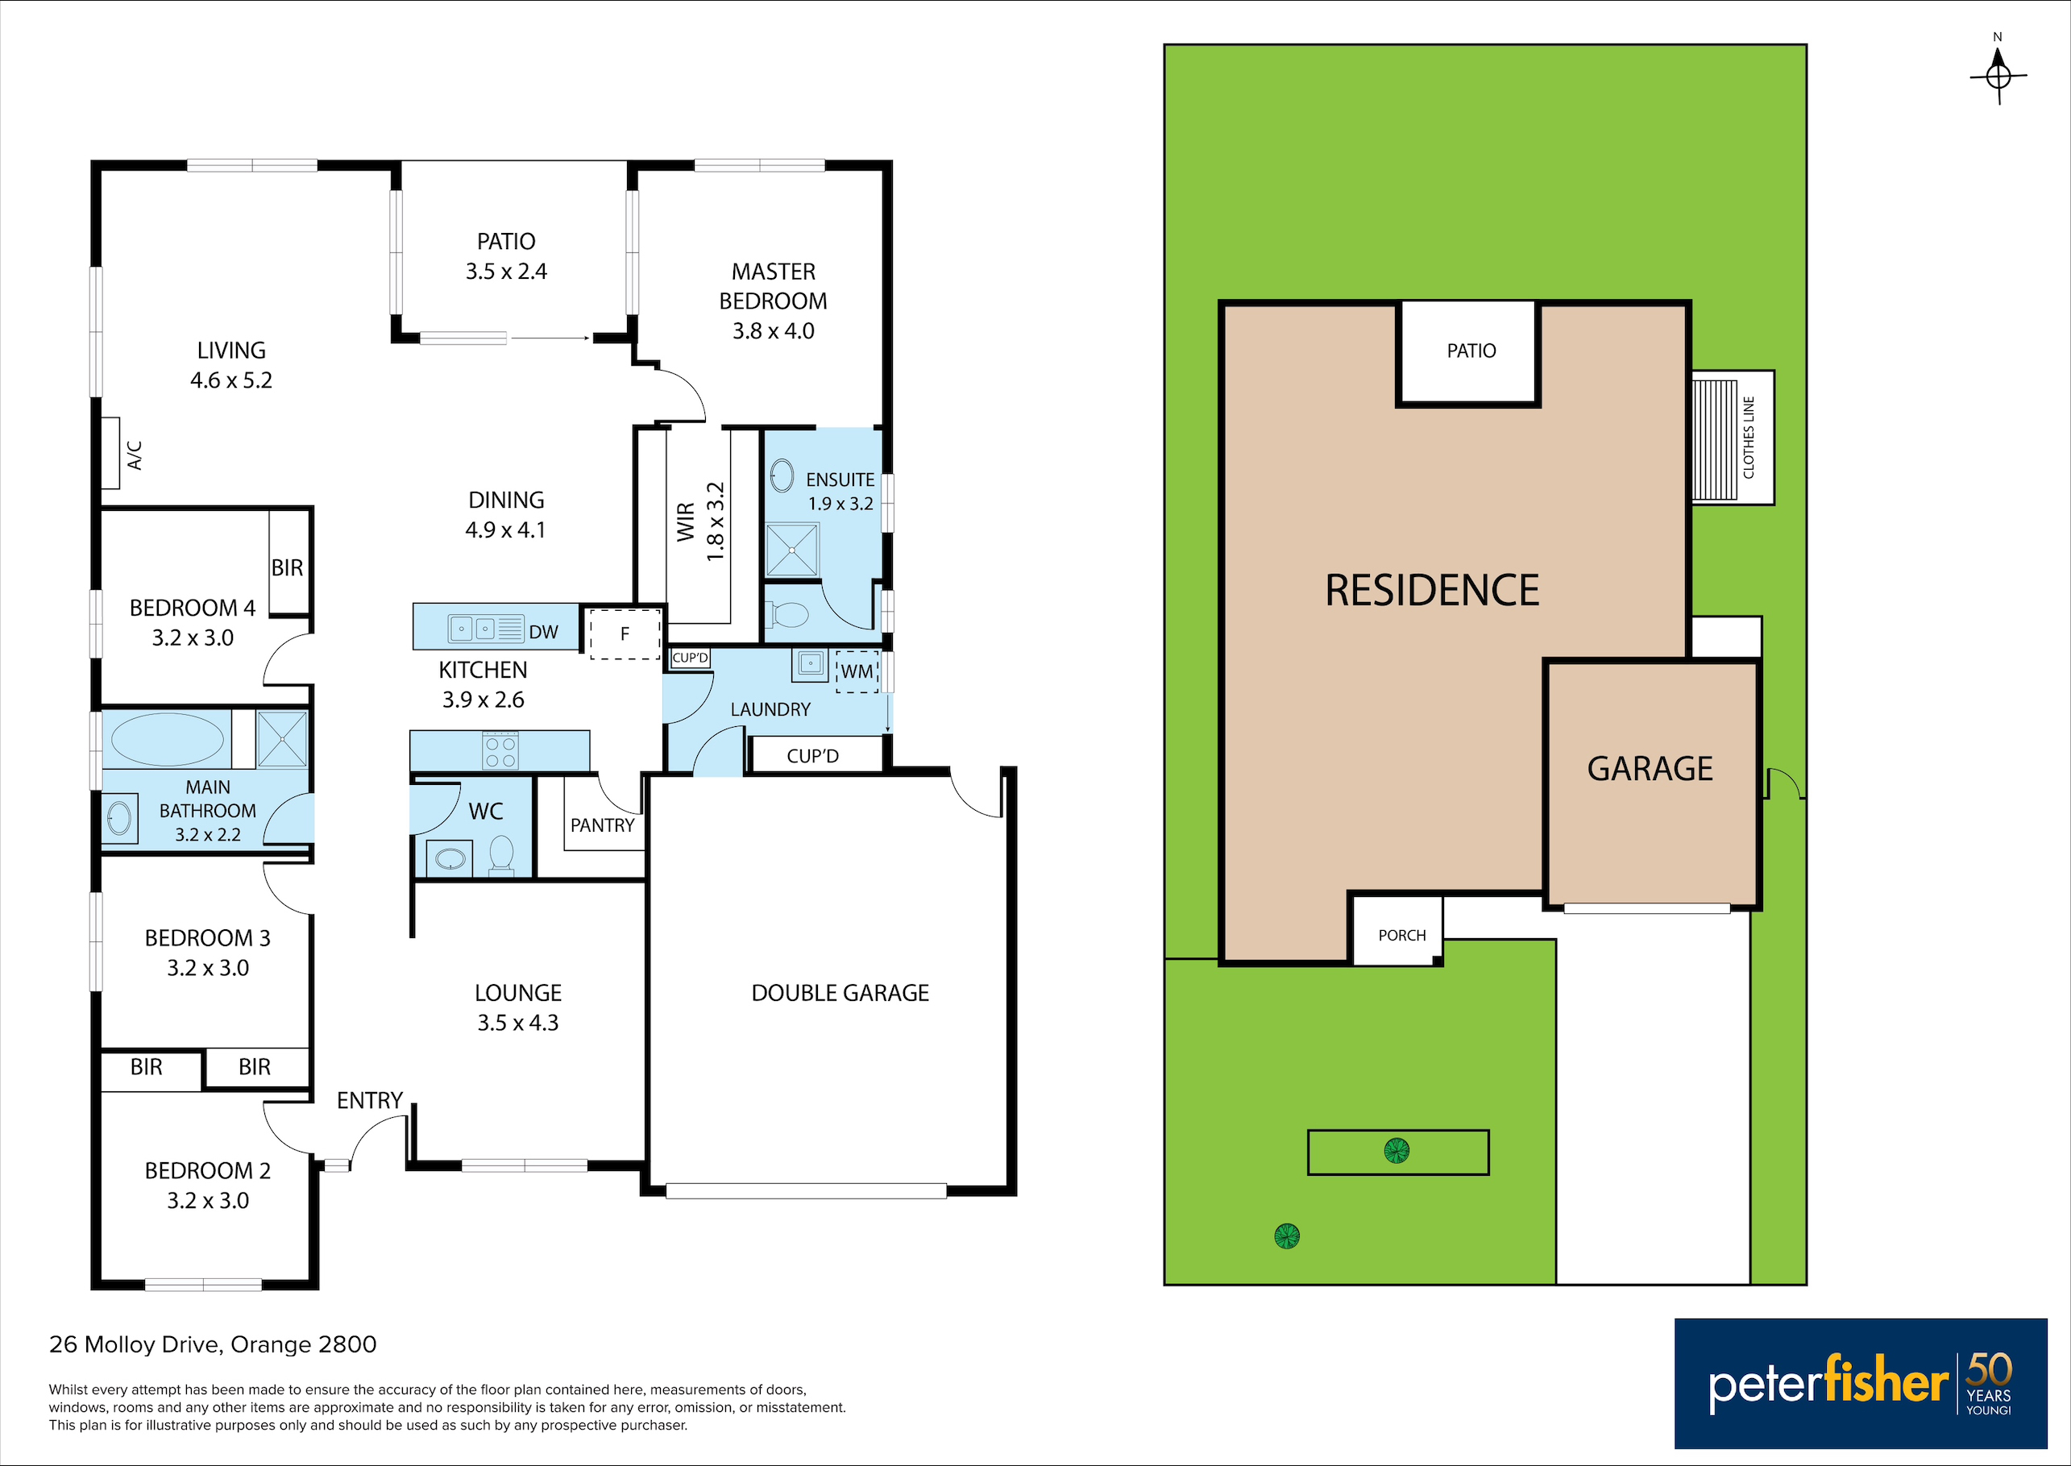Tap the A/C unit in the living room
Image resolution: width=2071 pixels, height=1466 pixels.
[x=110, y=452]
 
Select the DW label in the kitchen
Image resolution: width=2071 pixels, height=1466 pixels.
[x=543, y=632]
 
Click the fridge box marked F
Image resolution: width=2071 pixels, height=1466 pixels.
[x=625, y=633]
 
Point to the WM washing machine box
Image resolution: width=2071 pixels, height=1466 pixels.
[x=857, y=671]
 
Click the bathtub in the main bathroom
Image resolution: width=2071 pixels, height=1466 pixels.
[x=167, y=739]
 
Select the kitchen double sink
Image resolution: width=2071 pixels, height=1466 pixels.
[x=485, y=629]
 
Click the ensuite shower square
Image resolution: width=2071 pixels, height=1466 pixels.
[x=791, y=549]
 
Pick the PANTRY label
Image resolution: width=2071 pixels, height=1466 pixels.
[x=602, y=825]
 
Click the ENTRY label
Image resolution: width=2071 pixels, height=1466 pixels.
[x=369, y=1100]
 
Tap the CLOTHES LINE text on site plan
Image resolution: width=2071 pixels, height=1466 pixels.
[x=1749, y=437]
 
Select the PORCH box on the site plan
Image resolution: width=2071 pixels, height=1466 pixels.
[x=1396, y=930]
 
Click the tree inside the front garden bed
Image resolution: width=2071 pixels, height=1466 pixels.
[x=1396, y=1150]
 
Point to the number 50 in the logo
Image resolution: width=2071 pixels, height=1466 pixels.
[x=1989, y=1368]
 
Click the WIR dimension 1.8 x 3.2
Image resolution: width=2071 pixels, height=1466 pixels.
[x=716, y=521]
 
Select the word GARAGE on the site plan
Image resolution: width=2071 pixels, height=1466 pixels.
[x=1650, y=768]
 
